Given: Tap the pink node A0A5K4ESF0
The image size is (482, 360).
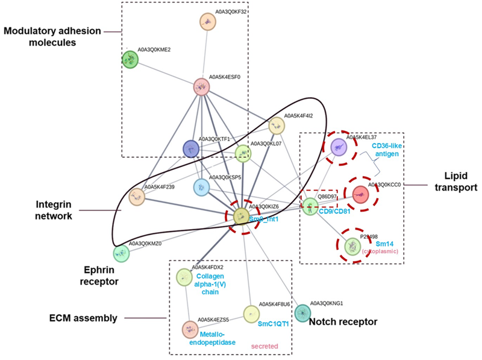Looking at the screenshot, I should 201,87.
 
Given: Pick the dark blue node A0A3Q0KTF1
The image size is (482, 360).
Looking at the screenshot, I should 191,148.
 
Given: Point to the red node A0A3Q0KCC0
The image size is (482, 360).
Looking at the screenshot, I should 360,194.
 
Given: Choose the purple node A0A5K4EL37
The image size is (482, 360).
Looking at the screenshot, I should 339,146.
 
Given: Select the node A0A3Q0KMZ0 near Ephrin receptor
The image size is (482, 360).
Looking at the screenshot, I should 121,253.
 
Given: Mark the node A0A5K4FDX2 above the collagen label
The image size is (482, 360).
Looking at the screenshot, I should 184,277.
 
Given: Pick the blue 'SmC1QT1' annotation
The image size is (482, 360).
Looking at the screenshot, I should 274,324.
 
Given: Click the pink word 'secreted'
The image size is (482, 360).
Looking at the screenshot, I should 261,346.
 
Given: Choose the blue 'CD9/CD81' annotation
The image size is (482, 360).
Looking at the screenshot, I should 334,210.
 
